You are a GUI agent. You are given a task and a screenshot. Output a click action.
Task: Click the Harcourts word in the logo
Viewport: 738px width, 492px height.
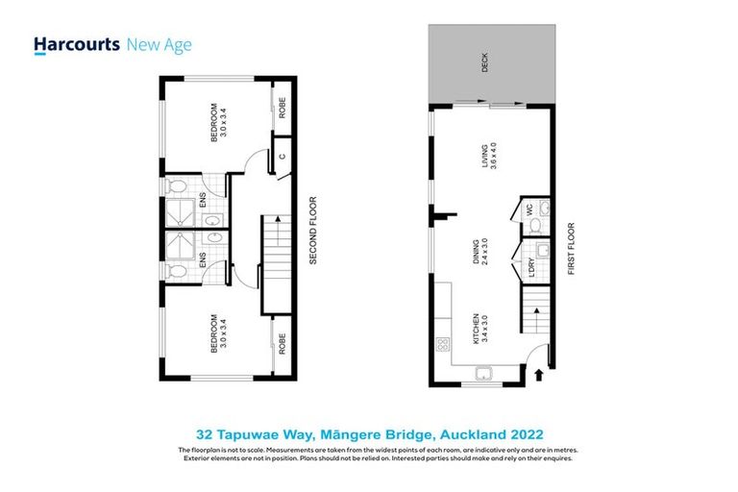click(x=77, y=44)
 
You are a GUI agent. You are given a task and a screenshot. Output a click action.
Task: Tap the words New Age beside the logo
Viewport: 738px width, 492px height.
click(x=160, y=44)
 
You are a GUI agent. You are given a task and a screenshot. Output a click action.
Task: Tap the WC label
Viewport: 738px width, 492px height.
click(x=528, y=208)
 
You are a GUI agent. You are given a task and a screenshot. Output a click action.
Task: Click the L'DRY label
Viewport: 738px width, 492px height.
click(x=528, y=266)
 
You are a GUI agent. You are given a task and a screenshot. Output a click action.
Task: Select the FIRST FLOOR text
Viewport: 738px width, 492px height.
click(x=570, y=250)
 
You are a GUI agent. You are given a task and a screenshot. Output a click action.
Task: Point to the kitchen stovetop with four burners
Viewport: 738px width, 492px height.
click(x=444, y=344)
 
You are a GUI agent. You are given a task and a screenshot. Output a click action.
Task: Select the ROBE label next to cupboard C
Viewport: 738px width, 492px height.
click(x=282, y=109)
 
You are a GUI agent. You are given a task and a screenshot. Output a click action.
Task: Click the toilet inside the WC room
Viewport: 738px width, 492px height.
click(x=534, y=226)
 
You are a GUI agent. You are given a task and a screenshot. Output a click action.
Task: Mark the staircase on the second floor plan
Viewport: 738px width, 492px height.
click(x=275, y=250)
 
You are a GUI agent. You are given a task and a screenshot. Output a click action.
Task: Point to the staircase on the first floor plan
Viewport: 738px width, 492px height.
click(x=536, y=312)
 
